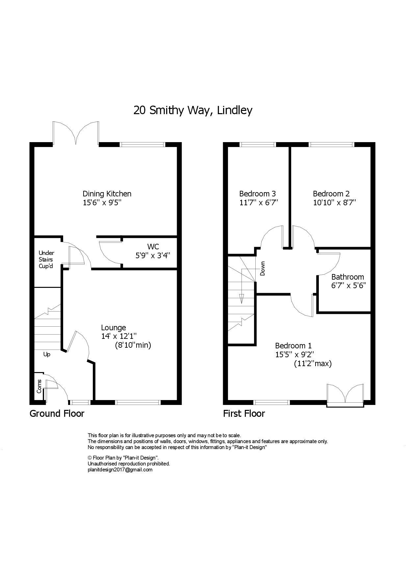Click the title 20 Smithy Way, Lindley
point(193,110)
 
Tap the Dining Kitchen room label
point(107,194)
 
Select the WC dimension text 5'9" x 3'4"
point(153,255)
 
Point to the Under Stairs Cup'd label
point(46,260)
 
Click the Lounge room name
point(114,328)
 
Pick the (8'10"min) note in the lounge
point(133,345)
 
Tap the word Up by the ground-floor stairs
point(47,355)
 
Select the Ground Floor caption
point(57,414)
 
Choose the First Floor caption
point(244,414)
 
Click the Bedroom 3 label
point(257,194)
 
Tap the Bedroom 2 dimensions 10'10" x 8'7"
point(335,202)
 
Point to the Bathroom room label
point(347,277)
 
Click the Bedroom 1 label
point(293,346)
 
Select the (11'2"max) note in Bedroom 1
point(313,364)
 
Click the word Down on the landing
point(262,268)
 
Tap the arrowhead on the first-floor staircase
point(242,298)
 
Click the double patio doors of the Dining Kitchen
point(76,133)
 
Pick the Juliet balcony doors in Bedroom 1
point(345,395)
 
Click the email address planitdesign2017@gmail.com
point(120,470)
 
